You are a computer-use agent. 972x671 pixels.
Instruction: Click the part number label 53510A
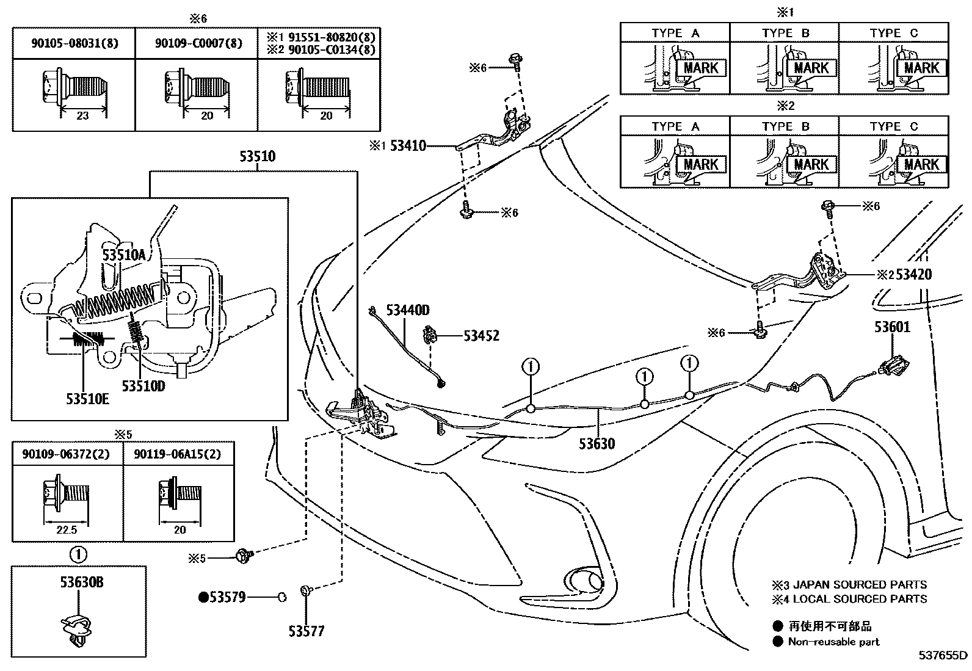pyautogui.click(x=124, y=255)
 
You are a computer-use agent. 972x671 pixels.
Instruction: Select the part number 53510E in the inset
pyautogui.click(x=88, y=399)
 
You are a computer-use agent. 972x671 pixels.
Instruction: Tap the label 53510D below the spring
pyautogui.click(x=143, y=386)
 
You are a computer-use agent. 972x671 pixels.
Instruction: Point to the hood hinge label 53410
pyautogui.click(x=408, y=146)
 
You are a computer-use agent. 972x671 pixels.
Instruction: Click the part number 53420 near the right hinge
pyautogui.click(x=912, y=274)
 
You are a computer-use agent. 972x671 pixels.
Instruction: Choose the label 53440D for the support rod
pyautogui.click(x=407, y=311)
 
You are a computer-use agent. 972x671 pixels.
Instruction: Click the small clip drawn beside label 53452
pyautogui.click(x=431, y=335)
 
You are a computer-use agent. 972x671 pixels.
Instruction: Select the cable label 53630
pyautogui.click(x=597, y=443)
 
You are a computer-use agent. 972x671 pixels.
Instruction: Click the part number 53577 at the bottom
pyautogui.click(x=306, y=631)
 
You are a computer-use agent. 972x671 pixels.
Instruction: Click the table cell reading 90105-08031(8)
pyautogui.click(x=75, y=43)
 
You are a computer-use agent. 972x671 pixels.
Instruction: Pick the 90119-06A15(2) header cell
pyautogui.click(x=180, y=454)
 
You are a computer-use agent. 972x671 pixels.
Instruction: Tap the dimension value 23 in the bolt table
pyautogui.click(x=82, y=115)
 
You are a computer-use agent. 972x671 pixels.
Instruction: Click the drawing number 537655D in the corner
pyautogui.click(x=943, y=656)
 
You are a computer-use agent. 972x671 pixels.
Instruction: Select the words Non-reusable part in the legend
pyautogui.click(x=834, y=642)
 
